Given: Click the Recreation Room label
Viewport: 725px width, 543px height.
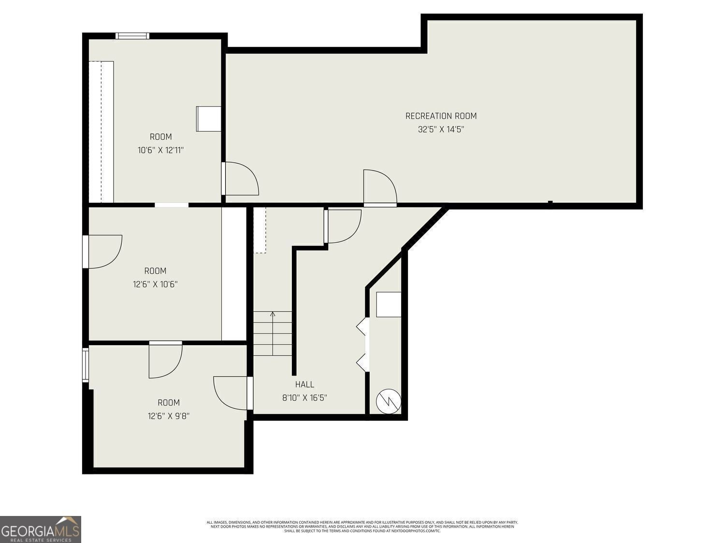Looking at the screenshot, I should click(441, 116).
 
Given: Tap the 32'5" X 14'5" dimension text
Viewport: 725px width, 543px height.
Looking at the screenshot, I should click(441, 129).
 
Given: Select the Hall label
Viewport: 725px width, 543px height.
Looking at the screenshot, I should click(304, 384).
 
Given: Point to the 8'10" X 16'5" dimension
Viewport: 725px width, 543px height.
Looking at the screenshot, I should click(304, 398).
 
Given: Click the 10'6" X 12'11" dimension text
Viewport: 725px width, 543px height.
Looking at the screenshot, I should click(160, 150).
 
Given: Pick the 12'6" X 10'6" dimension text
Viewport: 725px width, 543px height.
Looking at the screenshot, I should click(155, 284).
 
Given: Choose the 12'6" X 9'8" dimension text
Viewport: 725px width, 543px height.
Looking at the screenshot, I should click(168, 416).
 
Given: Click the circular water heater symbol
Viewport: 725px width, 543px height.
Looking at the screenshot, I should click(388, 401).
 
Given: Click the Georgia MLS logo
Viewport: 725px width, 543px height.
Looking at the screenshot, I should click(41, 529).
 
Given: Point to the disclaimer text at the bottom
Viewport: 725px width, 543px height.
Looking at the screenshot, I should click(362, 527).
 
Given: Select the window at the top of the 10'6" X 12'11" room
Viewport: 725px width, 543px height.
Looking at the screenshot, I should click(132, 36).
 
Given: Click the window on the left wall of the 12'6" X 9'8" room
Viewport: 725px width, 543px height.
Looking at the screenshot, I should click(86, 365).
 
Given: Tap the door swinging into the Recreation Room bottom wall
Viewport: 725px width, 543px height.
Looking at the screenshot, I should click(379, 188).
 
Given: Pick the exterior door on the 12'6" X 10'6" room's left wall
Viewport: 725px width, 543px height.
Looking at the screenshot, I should click(102, 251).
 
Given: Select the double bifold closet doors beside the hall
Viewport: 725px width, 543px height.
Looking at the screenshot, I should click(363, 345).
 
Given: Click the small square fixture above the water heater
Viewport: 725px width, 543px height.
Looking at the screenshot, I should click(389, 305).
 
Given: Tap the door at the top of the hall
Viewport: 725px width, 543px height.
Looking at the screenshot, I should click(343, 226).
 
